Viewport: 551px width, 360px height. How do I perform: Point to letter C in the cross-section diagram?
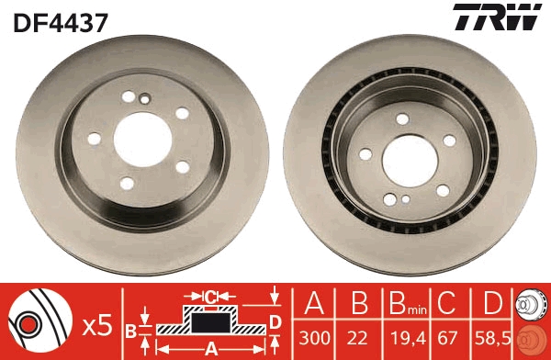click(209, 297)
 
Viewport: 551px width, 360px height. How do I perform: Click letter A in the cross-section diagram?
click(209, 349)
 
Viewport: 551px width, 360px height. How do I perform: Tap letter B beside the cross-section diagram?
click(131, 331)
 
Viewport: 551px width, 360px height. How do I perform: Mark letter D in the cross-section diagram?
click(275, 320)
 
